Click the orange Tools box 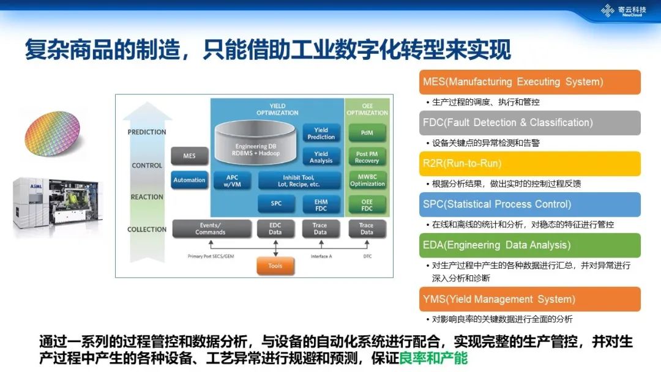point(275,266)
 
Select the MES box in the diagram point(189,156)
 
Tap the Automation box point(189,180)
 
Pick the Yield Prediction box point(321,133)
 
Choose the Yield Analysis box point(321,157)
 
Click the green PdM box point(367,133)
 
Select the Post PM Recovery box point(367,157)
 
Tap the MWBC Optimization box point(367,180)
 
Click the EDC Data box point(275,229)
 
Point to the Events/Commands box point(211,229)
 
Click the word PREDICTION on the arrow point(147,132)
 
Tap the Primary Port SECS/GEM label point(211,256)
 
